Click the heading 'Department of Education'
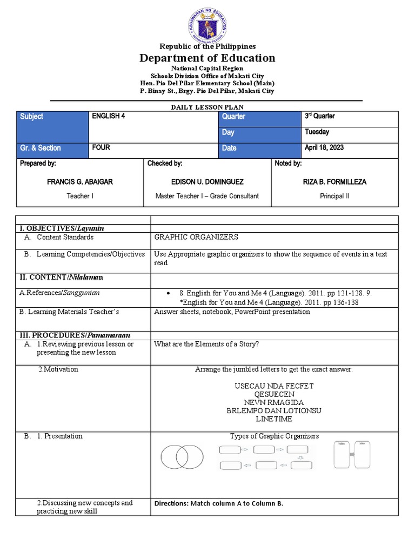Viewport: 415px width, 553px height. tap(207, 58)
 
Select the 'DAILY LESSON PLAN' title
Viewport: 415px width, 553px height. tap(206, 107)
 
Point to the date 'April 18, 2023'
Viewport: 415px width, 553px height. tap(324, 147)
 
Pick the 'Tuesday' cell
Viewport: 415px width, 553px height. tap(317, 132)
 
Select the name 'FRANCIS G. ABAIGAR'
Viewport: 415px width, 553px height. tap(80, 181)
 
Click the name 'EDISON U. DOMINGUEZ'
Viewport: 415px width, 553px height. tap(207, 181)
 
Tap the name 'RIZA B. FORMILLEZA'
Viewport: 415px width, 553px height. tap(334, 181)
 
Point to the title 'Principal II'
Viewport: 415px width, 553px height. tap(334, 196)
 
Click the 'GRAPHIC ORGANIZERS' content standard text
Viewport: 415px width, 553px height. tap(196, 237)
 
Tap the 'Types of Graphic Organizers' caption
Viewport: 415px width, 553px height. tap(274, 436)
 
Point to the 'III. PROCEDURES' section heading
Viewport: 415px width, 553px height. tap(75, 335)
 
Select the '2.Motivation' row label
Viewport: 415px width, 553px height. tap(58, 369)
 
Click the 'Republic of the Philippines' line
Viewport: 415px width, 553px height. tap(207, 46)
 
